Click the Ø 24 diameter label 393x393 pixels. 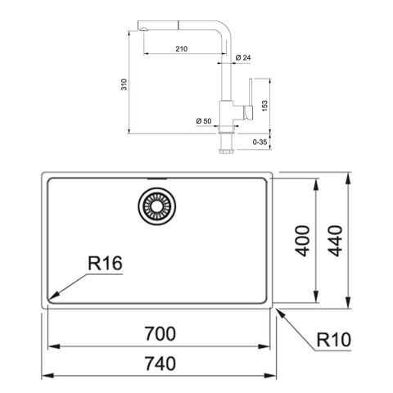coord(242,58)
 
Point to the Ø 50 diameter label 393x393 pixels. coord(205,121)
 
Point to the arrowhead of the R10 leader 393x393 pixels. coord(278,310)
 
